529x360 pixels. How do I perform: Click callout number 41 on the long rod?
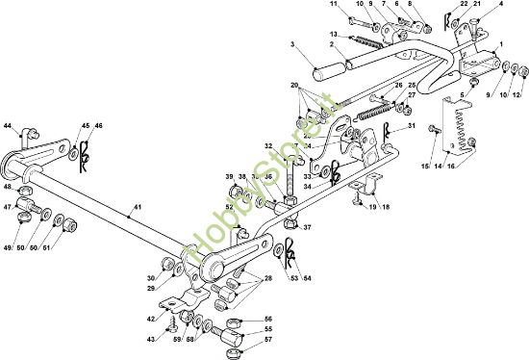pyautogui.click(x=137, y=208)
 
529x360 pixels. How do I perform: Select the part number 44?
pyautogui.click(x=8, y=126)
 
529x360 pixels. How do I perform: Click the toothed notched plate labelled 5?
pyautogui.click(x=460, y=120)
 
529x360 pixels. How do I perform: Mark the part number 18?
pyautogui.click(x=386, y=208)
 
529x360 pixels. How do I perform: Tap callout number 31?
pyautogui.click(x=411, y=126)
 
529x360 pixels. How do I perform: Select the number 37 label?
pyautogui.click(x=307, y=228)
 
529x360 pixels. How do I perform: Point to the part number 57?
pyautogui.click(x=268, y=341)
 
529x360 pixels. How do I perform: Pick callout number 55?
pyautogui.click(x=268, y=329)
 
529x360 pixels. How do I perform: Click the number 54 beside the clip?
pyautogui.click(x=308, y=279)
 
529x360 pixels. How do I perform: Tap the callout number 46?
pyautogui.click(x=99, y=126)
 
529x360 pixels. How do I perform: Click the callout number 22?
pyautogui.click(x=465, y=5)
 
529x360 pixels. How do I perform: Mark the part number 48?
pyautogui.click(x=7, y=189)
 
